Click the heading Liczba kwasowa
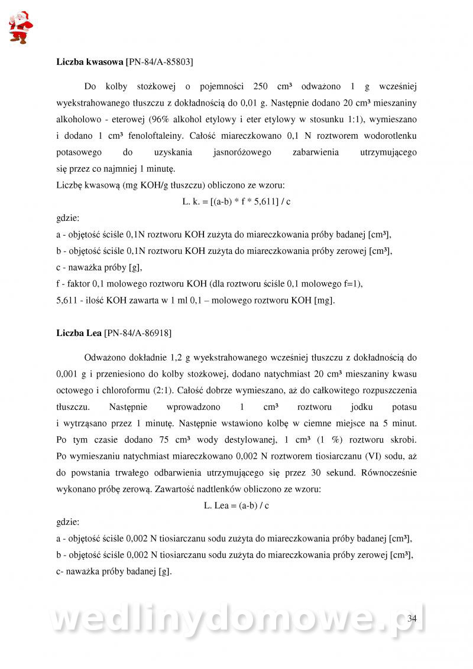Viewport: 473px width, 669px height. coord(90,61)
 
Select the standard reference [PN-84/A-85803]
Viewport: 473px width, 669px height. coord(160,61)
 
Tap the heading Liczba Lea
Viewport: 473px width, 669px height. coord(79,333)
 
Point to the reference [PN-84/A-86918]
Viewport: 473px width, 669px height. coord(138,333)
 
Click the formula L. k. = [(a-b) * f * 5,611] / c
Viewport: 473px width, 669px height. coord(237,201)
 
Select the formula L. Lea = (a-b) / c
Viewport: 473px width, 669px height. coord(237,505)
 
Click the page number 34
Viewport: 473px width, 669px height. coord(412,618)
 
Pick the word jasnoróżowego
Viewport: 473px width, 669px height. coord(241,152)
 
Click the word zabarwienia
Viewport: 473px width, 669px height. coord(315,152)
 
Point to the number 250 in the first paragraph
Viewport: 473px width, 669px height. coord(261,86)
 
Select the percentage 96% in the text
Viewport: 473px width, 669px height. coord(158,119)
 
